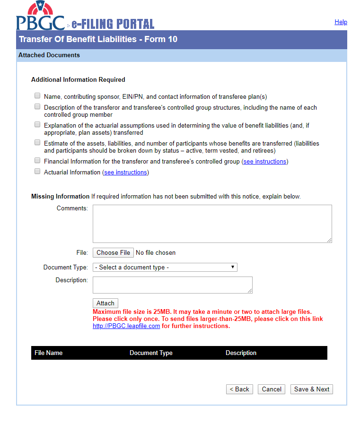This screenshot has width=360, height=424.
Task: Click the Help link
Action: tap(341, 22)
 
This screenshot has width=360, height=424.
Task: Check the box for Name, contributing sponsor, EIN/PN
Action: tap(37, 95)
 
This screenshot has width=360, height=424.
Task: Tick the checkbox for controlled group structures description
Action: tap(37, 107)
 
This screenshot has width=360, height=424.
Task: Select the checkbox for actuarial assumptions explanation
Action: tap(37, 125)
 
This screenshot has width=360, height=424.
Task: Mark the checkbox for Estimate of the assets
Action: tap(37, 142)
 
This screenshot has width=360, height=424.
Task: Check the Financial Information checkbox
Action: tap(37, 161)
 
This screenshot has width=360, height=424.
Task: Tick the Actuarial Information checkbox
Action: tap(37, 172)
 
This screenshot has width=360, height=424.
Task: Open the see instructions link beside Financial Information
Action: tap(264, 162)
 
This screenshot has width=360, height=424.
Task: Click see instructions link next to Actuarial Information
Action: tap(125, 173)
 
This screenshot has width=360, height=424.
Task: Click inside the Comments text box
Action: tap(212, 224)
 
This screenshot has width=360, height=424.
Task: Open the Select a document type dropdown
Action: tap(165, 268)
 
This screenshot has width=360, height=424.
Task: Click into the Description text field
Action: tap(172, 285)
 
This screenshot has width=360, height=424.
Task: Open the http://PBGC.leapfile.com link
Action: tap(126, 326)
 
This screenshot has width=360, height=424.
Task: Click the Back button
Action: tap(239, 389)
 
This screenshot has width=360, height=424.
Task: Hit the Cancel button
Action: tap(272, 389)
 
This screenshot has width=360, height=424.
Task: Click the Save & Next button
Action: tap(312, 389)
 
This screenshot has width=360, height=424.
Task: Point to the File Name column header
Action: tap(49, 353)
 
